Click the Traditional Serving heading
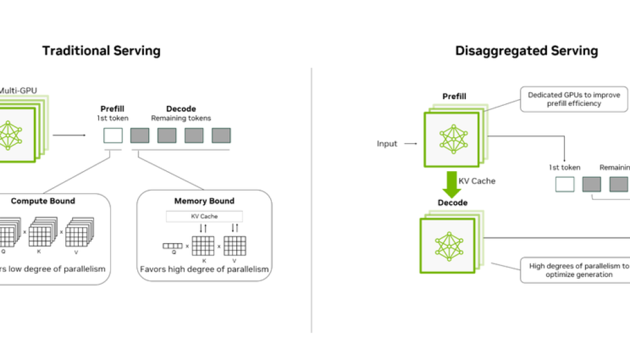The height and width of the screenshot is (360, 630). click(101, 51)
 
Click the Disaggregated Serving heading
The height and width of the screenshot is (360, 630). click(527, 51)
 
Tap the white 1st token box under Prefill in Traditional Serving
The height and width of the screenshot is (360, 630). click(113, 135)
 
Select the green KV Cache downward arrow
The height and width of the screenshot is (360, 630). click(452, 183)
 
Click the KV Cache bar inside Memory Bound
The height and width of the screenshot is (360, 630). click(204, 216)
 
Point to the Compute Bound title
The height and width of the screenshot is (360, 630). click(43, 201)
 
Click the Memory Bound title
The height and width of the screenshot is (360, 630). click(204, 201)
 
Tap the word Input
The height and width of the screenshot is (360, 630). click(387, 144)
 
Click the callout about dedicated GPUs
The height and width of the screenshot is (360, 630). click(573, 99)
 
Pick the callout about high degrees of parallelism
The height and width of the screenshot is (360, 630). click(575, 270)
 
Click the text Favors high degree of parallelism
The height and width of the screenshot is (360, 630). click(204, 269)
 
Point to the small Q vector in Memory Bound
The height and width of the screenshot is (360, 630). click(172, 246)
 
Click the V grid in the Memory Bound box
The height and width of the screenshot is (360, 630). click(234, 246)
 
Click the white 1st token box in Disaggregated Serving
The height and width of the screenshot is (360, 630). click(564, 184)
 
